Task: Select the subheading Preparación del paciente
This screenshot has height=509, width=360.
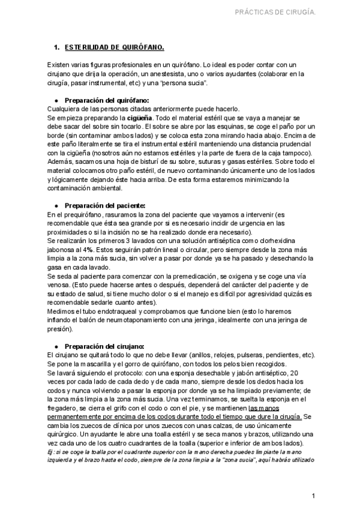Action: click(x=105, y=205)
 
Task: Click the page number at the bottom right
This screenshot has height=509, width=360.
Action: click(x=313, y=496)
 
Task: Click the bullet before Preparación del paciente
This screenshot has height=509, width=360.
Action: click(x=56, y=205)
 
